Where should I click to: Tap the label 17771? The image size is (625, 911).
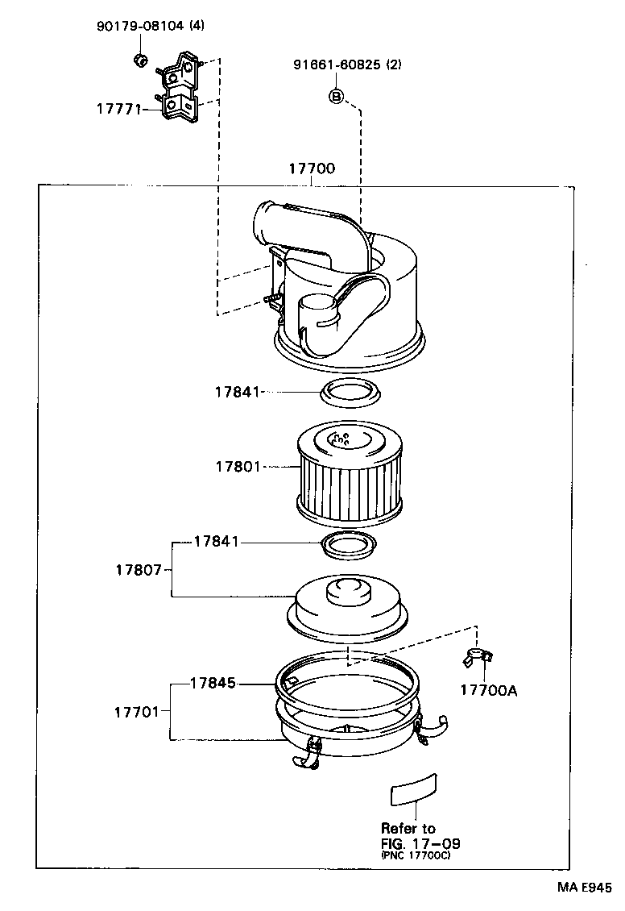pos(118,106)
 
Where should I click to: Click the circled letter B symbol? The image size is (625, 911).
pos(337,97)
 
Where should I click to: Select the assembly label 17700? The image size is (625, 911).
pos(312,168)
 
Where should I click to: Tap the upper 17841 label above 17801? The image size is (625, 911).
pos(238,392)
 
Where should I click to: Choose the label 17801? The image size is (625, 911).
pos(238,466)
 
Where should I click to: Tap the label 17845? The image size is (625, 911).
pos(213,683)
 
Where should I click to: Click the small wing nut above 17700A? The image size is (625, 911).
pos(478,657)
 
